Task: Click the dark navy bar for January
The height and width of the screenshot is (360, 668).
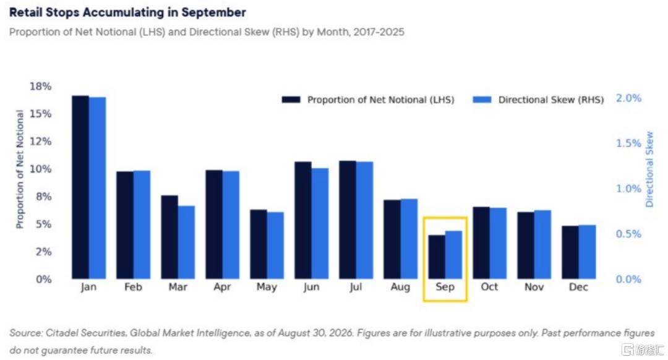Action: (80, 187)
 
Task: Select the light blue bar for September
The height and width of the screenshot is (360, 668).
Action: (454, 255)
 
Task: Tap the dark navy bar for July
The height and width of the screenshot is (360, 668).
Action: (348, 220)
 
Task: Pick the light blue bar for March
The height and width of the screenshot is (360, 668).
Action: (186, 242)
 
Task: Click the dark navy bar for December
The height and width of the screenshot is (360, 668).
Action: (570, 252)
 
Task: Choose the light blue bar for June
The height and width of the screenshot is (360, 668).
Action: (320, 224)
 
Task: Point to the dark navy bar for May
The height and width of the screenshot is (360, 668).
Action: (259, 244)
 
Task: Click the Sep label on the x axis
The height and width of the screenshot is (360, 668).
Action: (445, 287)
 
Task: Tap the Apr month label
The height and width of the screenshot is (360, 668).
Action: (223, 287)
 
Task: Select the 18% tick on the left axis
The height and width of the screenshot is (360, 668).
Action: (40, 87)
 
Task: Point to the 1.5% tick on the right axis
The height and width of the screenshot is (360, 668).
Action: (628, 143)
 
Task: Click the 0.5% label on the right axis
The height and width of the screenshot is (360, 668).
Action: (628, 234)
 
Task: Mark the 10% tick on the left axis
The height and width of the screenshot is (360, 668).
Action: (40, 169)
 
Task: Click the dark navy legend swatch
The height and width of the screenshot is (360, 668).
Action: (291, 100)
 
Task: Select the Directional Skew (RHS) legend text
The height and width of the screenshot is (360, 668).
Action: (551, 100)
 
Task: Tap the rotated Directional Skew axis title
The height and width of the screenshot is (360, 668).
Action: (649, 169)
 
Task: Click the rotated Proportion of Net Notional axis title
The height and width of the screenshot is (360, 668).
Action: (20, 169)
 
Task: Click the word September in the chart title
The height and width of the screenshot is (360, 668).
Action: (213, 13)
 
